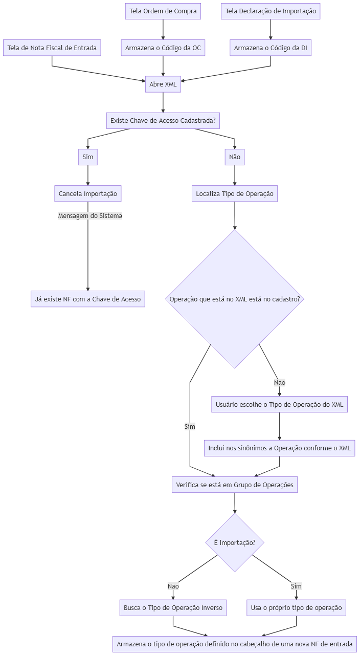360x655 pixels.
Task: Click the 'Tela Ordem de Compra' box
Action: (x=163, y=11)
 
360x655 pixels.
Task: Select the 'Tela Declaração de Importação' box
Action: (x=271, y=11)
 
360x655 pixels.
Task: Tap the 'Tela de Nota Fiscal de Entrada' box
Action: (x=52, y=48)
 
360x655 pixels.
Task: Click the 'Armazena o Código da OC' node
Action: (x=163, y=48)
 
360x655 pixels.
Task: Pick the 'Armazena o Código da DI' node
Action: (x=271, y=48)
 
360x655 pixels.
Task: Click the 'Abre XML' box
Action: (x=163, y=84)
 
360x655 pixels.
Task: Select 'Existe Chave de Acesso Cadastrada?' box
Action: (x=163, y=121)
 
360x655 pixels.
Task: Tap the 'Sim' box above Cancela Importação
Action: (x=88, y=157)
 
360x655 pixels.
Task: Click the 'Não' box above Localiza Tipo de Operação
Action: (x=235, y=157)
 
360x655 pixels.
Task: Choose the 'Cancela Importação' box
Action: (x=88, y=193)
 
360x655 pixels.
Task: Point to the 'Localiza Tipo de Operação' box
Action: (x=235, y=193)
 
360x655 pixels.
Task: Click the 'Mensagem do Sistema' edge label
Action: (x=91, y=216)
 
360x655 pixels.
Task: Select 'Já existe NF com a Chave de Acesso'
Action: (x=88, y=299)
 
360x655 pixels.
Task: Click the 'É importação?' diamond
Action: (x=235, y=543)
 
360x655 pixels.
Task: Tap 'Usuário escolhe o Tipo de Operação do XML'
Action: (x=280, y=404)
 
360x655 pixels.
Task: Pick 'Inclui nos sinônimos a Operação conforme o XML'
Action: (x=280, y=448)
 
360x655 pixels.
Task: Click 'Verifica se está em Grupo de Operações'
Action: (x=235, y=485)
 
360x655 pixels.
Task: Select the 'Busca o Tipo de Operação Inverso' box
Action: (x=173, y=608)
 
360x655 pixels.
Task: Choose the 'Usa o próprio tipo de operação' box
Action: (x=296, y=608)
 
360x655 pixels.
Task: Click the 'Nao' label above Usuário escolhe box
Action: (x=280, y=382)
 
